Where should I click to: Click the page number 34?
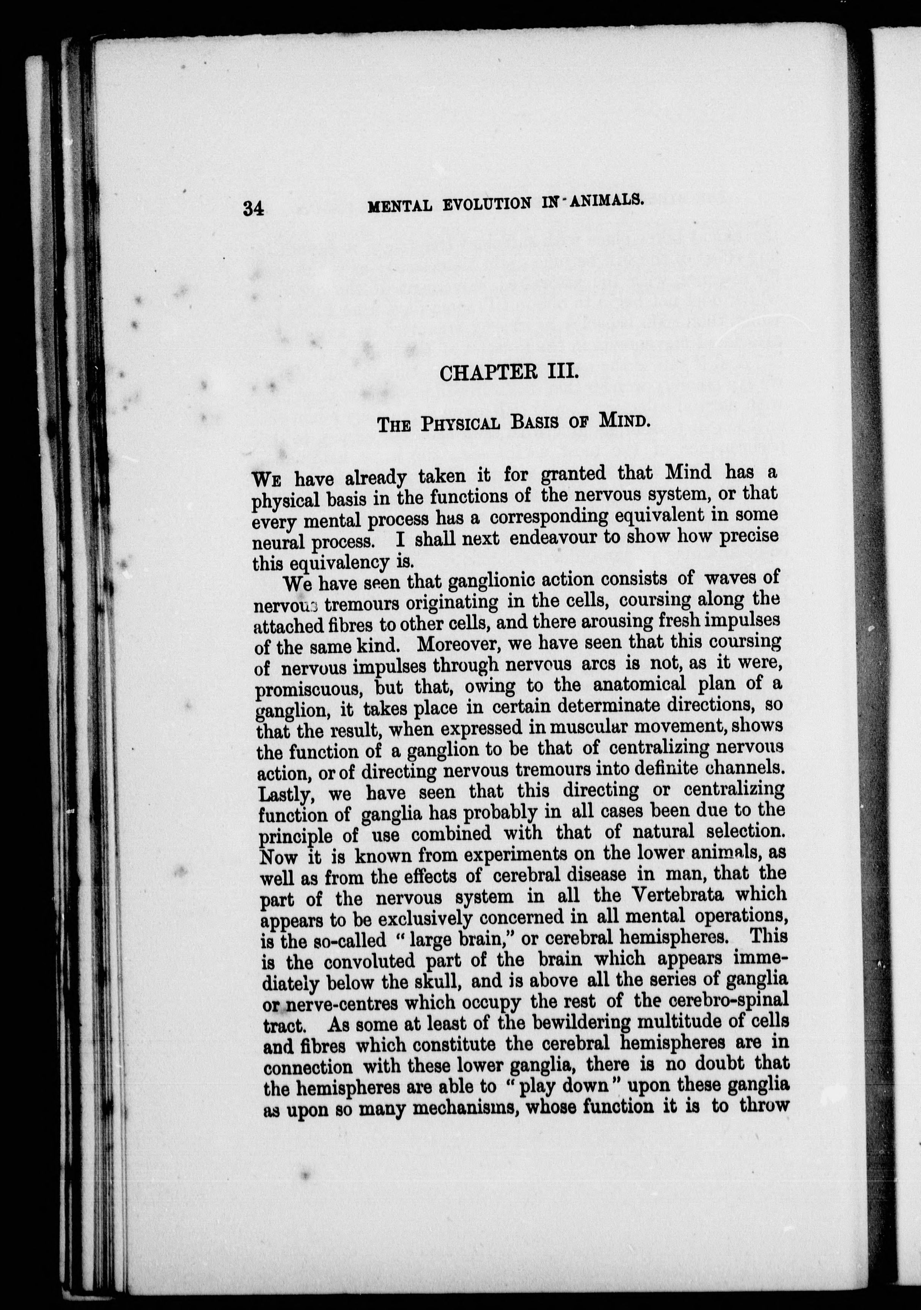pos(253,209)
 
